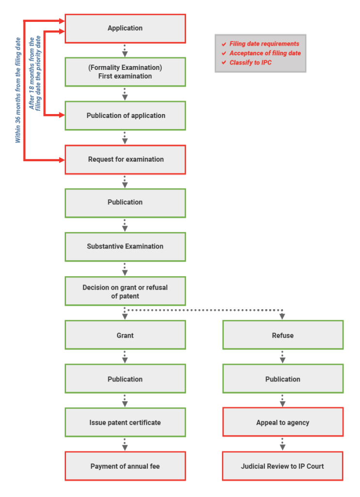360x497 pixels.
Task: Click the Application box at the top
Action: point(125,29)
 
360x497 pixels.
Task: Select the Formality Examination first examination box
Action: point(125,72)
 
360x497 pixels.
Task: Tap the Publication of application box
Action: point(125,116)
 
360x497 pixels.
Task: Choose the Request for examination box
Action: point(125,159)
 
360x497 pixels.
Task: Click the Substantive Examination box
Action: point(125,246)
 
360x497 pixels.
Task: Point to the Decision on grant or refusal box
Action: point(125,291)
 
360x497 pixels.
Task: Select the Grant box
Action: point(125,335)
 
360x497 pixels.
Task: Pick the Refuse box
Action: point(283,335)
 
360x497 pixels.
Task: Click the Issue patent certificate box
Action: point(125,422)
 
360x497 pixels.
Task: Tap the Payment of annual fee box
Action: point(125,466)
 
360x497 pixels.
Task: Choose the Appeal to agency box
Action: point(283,422)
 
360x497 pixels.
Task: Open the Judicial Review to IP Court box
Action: point(283,466)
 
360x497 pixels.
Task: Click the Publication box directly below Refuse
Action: point(283,379)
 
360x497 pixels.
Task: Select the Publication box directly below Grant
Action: point(125,379)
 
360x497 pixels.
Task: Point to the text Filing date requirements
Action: point(264,44)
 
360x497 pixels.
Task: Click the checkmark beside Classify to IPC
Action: point(224,63)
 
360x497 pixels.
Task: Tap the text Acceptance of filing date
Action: point(265,53)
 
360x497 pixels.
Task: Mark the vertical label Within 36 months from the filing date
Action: point(18,90)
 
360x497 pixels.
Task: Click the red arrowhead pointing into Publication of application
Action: point(62,116)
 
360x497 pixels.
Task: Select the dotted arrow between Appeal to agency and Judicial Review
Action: point(283,444)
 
